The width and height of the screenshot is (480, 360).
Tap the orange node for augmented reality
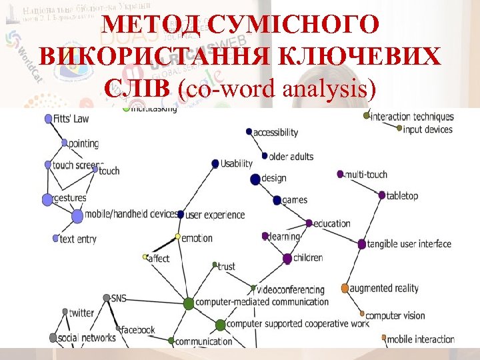point(345,289)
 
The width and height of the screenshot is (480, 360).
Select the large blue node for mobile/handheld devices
point(77,216)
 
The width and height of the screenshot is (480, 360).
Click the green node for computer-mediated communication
point(189,303)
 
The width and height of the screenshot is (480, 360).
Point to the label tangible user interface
point(409,244)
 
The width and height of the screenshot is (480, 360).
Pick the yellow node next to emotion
point(178,237)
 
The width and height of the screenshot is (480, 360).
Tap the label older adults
point(291,157)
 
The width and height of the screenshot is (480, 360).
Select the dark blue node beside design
point(255,179)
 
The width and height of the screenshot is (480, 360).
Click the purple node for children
point(287,258)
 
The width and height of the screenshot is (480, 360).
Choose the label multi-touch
point(366,175)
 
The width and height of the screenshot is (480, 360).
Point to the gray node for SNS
point(107,298)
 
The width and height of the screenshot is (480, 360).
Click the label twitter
point(82,313)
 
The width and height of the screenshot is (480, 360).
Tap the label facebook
point(138,330)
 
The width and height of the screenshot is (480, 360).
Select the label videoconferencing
point(291,290)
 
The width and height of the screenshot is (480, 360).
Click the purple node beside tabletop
point(382,196)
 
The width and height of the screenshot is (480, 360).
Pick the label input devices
point(428,129)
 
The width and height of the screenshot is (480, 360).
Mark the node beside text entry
point(55,238)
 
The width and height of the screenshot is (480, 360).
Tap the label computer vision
point(395,315)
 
